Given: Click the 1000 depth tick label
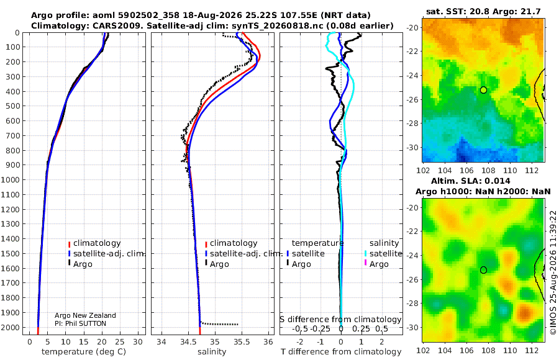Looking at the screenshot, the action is point(10,179).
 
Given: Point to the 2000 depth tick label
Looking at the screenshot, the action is point(10,327).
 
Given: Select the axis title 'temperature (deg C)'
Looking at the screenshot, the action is point(84,352).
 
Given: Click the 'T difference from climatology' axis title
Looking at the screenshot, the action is point(341,352).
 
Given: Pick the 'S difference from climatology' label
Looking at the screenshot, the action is point(340,320).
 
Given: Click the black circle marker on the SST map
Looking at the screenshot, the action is point(483,90).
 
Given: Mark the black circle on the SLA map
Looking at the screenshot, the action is point(483,270).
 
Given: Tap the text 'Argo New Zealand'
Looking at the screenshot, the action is point(85,315).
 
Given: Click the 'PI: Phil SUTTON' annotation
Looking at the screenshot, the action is point(80,323).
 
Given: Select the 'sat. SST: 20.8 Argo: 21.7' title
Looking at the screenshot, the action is point(483,12).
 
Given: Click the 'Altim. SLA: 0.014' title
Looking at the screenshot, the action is point(471,181).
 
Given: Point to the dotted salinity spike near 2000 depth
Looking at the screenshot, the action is point(219,323).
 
